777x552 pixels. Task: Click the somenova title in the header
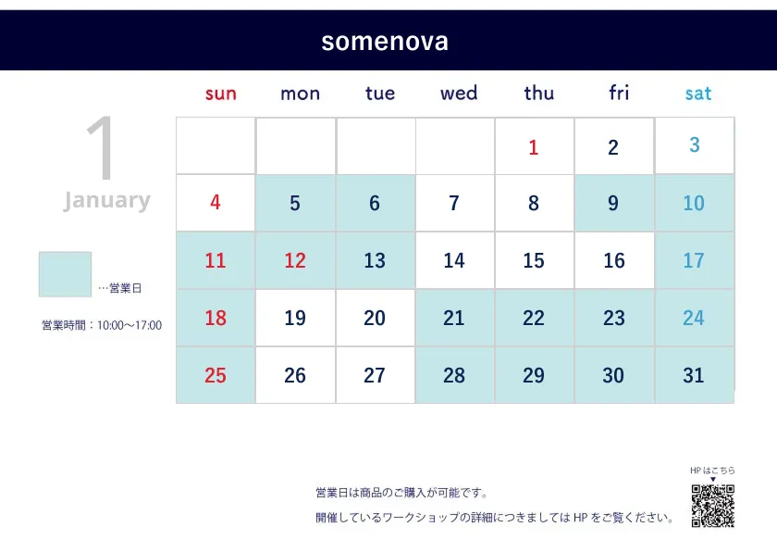[385, 42]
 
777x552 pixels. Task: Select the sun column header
[221, 94]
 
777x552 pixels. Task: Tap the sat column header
[697, 94]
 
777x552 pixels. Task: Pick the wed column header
[459, 93]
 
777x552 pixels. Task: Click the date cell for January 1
[535, 145]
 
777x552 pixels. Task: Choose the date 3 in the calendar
[695, 145]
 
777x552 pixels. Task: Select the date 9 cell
[614, 203]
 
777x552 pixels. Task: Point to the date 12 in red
[295, 260]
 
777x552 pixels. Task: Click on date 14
[455, 260]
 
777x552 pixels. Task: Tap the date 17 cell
[695, 260]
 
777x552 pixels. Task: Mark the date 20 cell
[376, 318]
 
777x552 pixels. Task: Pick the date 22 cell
[535, 318]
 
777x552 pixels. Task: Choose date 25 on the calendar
[216, 375]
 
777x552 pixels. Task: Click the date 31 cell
[695, 375]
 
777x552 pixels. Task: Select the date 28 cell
[455, 375]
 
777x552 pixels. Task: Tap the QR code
[713, 506]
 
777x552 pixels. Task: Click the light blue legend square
[65, 274]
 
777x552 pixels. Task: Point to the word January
[107, 200]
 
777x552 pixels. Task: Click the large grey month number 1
[101, 148]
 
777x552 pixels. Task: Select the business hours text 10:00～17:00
[129, 325]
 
